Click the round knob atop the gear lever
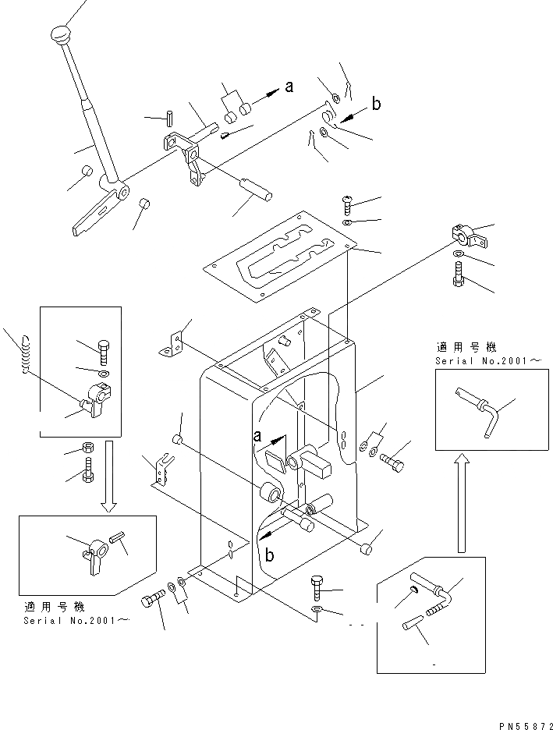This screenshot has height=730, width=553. coord(59,34)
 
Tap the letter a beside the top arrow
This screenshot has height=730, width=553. coord(289,86)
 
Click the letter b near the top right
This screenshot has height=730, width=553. coord(376,104)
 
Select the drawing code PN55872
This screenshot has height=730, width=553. coord(526,726)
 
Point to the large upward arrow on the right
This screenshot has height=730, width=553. coord(461,503)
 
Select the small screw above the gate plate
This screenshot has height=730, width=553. coord(347,205)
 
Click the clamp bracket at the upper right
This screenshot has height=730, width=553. coord(468,236)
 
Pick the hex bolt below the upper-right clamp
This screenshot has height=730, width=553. coord(457,275)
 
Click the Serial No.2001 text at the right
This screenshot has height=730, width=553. coord(488,361)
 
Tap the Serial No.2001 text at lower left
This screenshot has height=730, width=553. coord(76,620)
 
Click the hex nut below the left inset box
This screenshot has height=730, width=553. coord(87,448)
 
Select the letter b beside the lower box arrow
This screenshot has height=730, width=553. coord(270,555)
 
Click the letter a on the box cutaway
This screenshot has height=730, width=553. coord(257,436)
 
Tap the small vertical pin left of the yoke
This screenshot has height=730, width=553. coord(170,117)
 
